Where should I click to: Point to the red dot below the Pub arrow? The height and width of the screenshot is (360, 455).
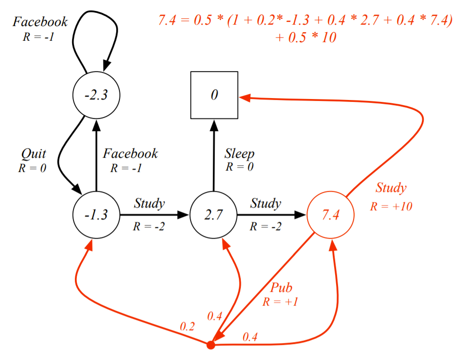[210, 345]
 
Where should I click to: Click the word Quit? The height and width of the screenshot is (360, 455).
[33, 154]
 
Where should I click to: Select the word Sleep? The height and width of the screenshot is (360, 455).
[239, 154]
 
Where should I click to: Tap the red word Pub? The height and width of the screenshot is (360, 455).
[281, 288]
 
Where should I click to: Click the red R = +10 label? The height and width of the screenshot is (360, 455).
[391, 206]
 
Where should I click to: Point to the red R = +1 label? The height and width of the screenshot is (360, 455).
[280, 302]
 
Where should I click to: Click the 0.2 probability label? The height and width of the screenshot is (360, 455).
[187, 326]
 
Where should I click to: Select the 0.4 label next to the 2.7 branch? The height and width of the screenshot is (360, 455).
[215, 316]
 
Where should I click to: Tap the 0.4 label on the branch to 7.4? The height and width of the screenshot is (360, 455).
[250, 337]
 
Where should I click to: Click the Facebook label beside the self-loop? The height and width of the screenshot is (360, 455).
[40, 22]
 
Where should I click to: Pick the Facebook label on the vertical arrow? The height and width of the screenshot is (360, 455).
[130, 153]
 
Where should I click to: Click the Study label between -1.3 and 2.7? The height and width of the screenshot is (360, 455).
[149, 204]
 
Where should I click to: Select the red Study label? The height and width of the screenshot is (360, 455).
[391, 188]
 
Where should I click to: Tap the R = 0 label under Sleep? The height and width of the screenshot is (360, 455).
[239, 167]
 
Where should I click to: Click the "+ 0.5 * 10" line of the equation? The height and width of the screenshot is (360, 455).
[306, 37]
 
